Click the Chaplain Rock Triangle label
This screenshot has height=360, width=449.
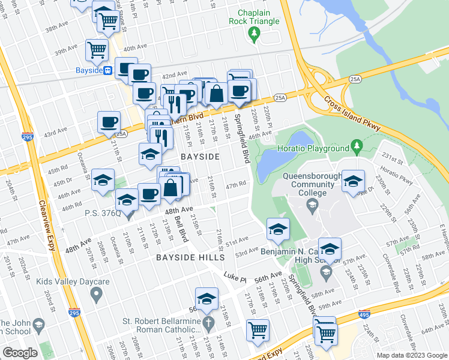(x=254, y=17)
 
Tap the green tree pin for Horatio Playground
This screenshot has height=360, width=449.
(x=357, y=145)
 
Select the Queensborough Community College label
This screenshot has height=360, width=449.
(x=313, y=185)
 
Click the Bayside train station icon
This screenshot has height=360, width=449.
(x=107, y=70)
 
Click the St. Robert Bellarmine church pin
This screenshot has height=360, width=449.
(x=208, y=325)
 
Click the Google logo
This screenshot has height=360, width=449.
(x=20, y=353)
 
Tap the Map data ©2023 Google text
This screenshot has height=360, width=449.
(x=412, y=355)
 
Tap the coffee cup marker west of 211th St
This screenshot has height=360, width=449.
(x=109, y=122)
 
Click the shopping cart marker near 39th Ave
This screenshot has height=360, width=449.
(x=96, y=50)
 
